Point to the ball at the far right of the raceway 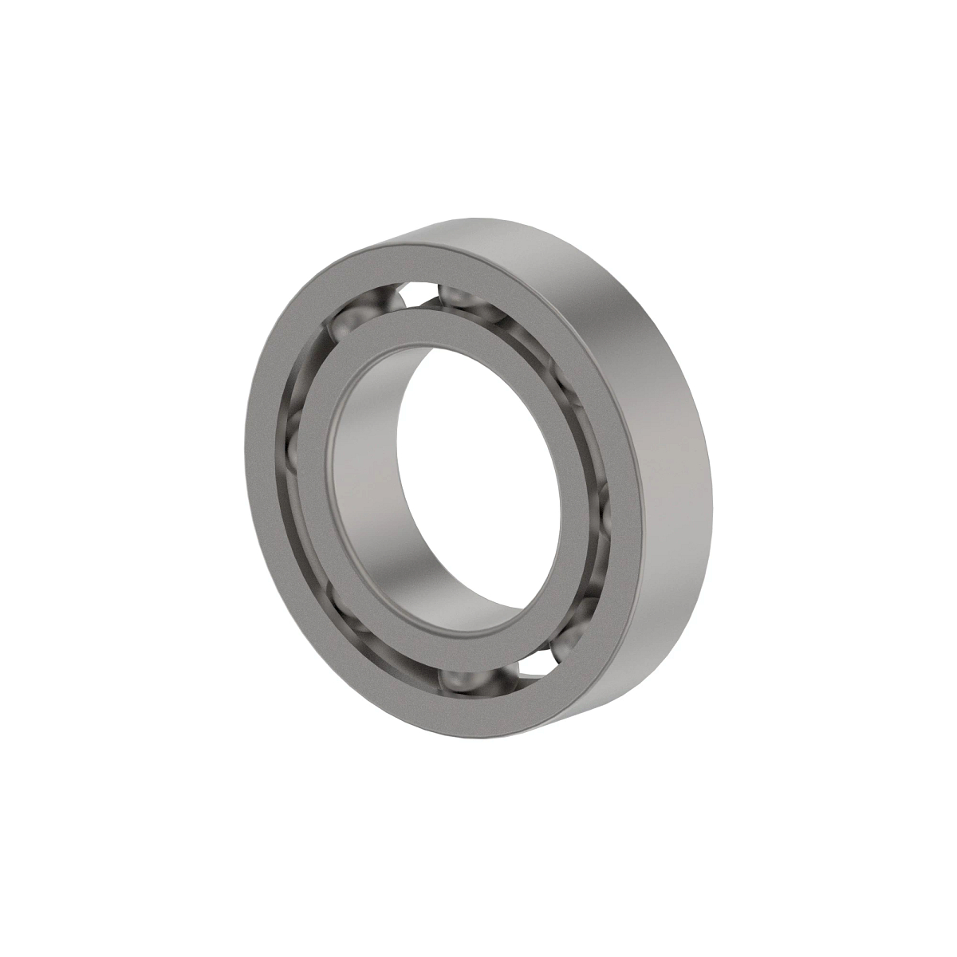click(x=603, y=510)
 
